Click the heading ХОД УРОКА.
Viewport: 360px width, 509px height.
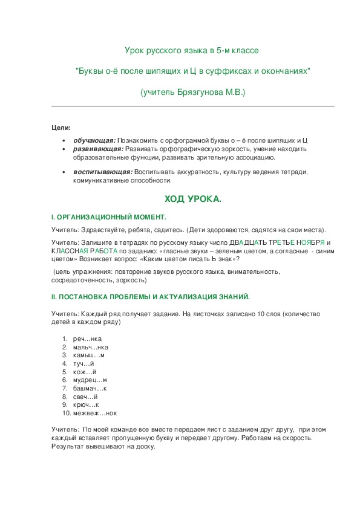[193, 199]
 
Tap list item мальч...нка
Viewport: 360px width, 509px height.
[90, 348]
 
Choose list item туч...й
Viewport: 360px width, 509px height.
[83, 364]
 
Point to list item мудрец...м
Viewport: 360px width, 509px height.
[90, 380]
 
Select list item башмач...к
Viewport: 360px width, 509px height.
[89, 388]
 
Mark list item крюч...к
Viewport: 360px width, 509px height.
[85, 404]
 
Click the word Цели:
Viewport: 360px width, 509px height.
[61, 128]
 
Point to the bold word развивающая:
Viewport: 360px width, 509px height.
[99, 149]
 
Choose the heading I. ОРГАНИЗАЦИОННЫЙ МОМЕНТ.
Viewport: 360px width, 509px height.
[109, 216]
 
